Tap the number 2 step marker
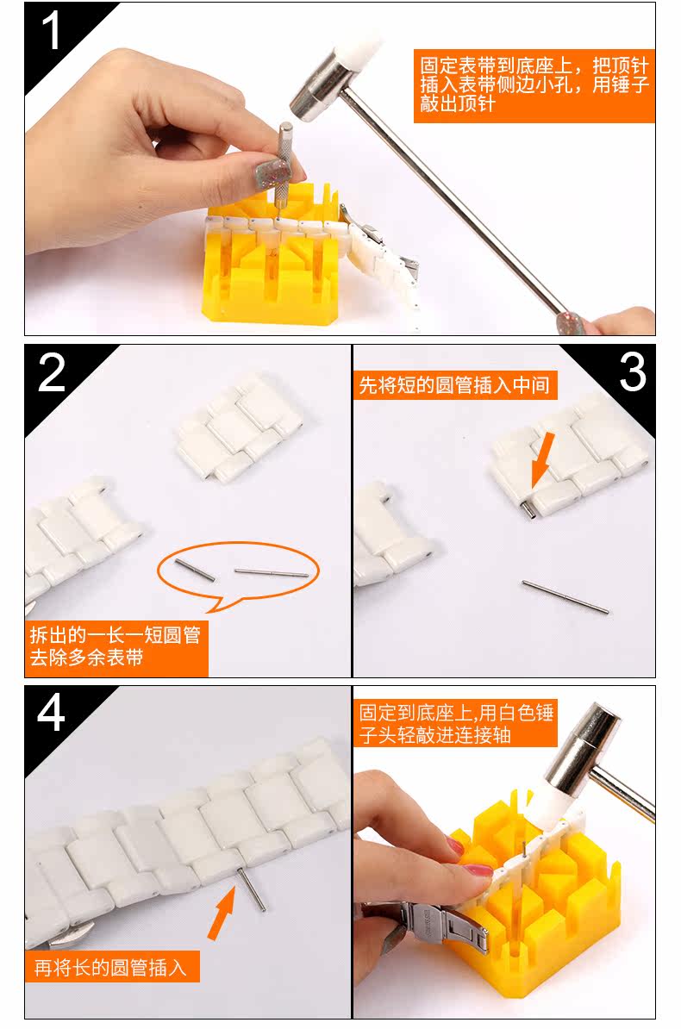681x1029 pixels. (53, 372)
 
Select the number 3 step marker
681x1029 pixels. (633, 371)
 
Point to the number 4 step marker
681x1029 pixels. (51, 713)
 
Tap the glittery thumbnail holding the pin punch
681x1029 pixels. (272, 173)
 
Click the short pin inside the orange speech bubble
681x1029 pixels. (195, 570)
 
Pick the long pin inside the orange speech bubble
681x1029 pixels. (272, 574)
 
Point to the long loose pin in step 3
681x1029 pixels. (565, 597)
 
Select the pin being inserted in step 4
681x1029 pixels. (253, 889)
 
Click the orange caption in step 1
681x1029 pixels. (534, 85)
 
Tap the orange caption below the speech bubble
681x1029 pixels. (116, 648)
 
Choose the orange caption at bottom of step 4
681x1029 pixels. (112, 967)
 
